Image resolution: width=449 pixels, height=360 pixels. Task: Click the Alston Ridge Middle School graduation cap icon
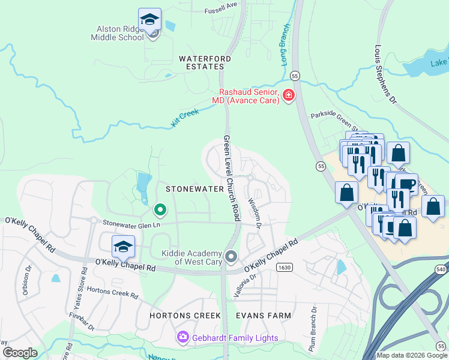click(149, 20)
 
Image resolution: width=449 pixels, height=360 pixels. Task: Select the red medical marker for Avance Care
click(289, 95)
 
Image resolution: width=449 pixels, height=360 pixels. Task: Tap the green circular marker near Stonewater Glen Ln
click(160, 210)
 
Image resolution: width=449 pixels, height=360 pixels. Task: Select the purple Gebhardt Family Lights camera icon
click(182, 338)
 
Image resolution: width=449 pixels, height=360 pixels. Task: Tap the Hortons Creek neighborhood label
click(185, 315)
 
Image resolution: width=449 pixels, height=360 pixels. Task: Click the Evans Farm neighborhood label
click(263, 315)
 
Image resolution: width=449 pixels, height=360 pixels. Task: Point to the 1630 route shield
click(285, 268)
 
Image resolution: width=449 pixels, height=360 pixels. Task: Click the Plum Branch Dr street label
click(313, 329)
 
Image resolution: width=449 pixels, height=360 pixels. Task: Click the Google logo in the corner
click(20, 352)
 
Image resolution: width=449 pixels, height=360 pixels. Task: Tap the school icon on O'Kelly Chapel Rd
click(123, 247)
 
